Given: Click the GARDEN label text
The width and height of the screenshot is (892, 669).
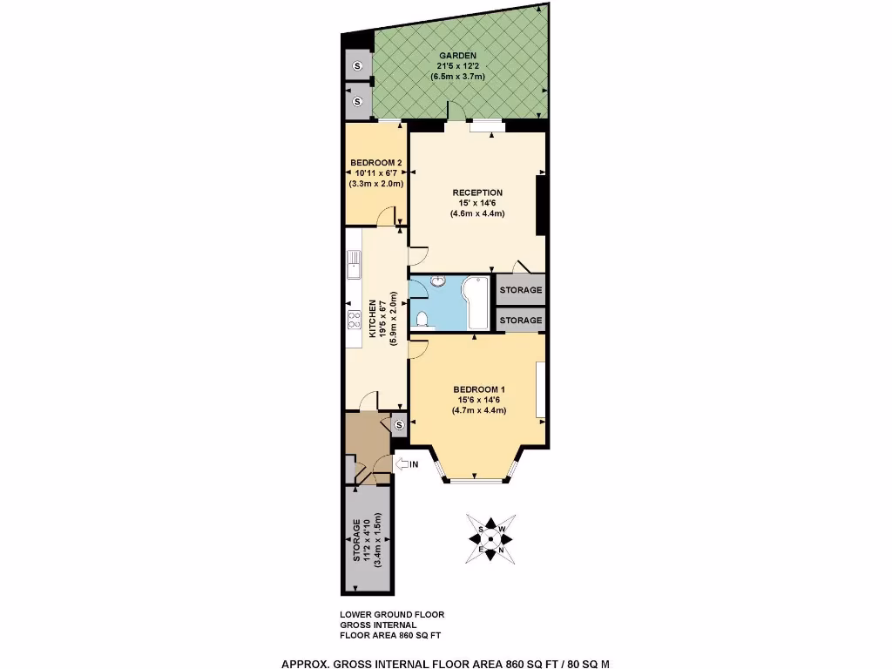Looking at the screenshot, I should (457, 56).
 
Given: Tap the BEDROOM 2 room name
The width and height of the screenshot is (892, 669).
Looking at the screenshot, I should (375, 163).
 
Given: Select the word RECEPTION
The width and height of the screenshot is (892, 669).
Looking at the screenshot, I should (477, 193).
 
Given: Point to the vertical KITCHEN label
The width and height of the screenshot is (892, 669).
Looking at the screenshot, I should (372, 320).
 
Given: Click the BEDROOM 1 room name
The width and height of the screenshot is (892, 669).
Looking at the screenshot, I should (479, 389).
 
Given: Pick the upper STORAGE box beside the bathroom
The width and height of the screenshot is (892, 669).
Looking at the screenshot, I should (521, 290).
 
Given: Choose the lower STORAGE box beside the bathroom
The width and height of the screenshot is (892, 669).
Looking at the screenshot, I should (521, 321).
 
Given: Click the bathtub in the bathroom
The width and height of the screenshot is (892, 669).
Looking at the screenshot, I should (477, 304).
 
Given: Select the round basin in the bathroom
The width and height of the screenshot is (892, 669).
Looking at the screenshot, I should (437, 280).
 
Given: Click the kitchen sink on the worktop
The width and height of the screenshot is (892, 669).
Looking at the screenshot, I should (354, 263).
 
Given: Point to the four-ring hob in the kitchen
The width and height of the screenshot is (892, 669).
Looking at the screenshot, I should (355, 320).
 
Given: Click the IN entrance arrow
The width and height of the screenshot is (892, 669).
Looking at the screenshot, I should (408, 464).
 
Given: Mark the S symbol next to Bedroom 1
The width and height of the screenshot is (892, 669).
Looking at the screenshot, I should (399, 425).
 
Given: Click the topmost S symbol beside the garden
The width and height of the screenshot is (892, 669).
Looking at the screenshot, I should (357, 65).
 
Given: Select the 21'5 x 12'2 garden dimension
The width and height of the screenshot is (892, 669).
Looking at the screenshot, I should (457, 66).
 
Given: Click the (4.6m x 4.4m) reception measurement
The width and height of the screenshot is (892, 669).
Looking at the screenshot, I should (477, 213).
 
